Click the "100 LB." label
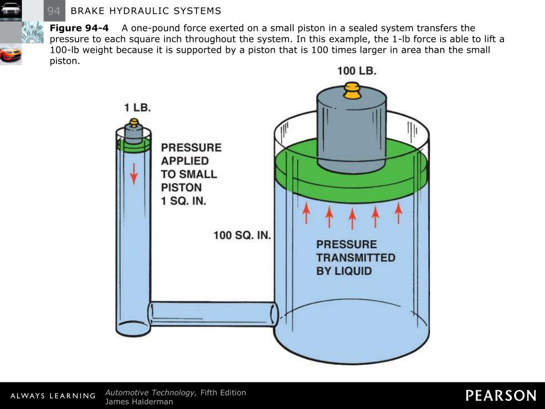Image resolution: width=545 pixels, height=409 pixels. pos(357,71)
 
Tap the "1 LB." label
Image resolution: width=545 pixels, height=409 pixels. pos(138,107)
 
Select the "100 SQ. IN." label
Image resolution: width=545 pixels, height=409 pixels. pos(243,235)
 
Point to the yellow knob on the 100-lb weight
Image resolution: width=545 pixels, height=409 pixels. pos(352,91)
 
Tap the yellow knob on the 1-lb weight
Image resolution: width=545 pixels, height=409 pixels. pos(134,123)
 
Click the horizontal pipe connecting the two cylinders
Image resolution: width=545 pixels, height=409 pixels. pos(213,314)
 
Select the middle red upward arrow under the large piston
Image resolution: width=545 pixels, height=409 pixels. pos(352,218)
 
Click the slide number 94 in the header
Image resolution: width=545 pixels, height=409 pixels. pos(54,11)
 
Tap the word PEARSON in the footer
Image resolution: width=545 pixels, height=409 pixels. pos(501,396)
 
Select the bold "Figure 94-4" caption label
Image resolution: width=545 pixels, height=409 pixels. pos(79,28)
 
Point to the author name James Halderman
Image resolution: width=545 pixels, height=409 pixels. pos(139,402)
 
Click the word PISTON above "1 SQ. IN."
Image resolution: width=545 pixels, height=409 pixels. pos(181,187)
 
